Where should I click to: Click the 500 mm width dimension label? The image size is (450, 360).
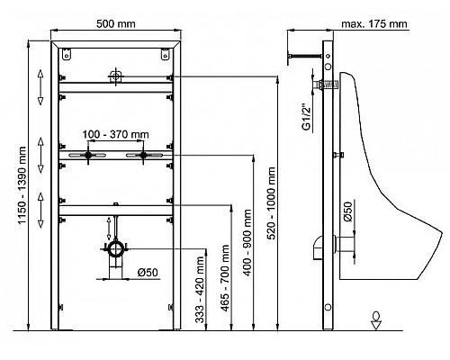point(115,23)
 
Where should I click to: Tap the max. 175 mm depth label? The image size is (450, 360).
point(374,23)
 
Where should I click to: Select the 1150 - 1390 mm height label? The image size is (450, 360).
point(22,185)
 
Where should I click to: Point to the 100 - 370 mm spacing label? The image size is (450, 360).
point(115,134)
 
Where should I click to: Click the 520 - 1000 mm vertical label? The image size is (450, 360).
point(271,203)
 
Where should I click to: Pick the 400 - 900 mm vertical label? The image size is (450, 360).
point(247,243)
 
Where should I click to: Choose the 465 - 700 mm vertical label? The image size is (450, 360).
point(225,278)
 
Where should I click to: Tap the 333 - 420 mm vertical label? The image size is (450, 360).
point(200,290)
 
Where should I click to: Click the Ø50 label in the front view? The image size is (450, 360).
point(148,273)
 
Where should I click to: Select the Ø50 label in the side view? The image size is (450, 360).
point(347,211)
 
